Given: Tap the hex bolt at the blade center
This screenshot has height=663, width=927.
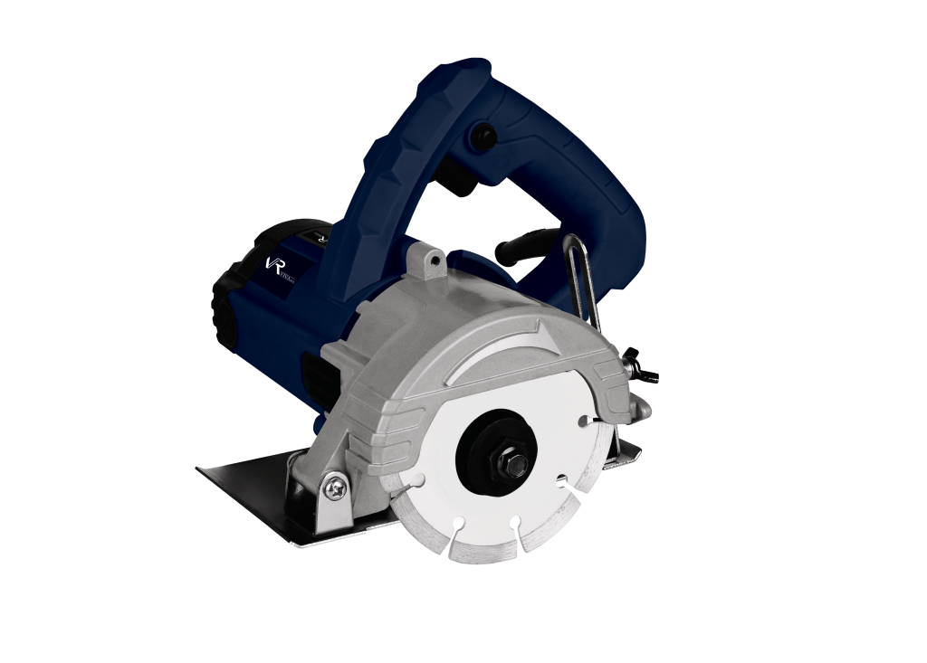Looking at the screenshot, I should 516,466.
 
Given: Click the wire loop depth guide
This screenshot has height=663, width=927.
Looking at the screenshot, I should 583,280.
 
